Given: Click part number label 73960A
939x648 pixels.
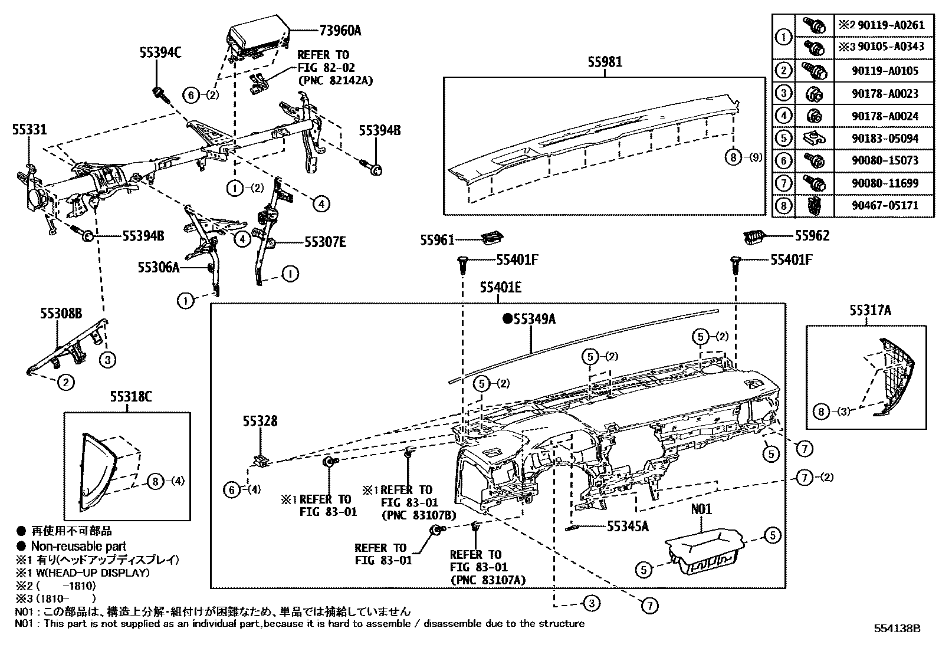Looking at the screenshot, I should click(x=340, y=30).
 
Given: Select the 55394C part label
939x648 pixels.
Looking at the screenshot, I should click(x=160, y=52).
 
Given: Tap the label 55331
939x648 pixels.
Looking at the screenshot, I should click(x=29, y=130).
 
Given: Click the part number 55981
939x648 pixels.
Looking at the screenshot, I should click(x=605, y=61).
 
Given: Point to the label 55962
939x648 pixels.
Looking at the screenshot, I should click(x=812, y=236).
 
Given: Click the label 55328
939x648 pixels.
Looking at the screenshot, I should click(x=260, y=422).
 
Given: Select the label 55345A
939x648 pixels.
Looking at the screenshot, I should click(x=628, y=526).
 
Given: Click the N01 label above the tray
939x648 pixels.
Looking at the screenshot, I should click(x=701, y=509).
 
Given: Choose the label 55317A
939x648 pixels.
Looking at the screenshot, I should click(x=870, y=310).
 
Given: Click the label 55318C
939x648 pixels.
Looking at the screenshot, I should click(x=129, y=397).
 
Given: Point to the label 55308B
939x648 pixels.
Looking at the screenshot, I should click(x=61, y=313).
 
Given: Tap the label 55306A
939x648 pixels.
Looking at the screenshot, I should click(x=158, y=267).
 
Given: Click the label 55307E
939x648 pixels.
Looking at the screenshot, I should click(x=325, y=242).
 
